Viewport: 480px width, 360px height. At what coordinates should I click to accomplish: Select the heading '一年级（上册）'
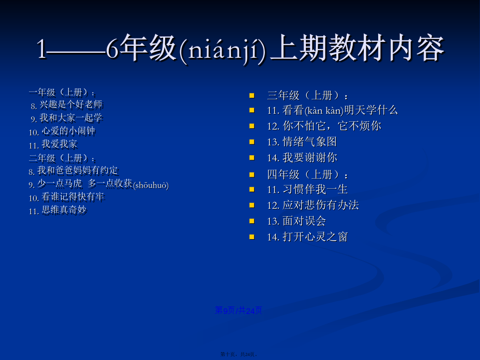[x=62, y=92]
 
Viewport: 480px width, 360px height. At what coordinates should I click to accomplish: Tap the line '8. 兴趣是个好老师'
[x=67, y=105]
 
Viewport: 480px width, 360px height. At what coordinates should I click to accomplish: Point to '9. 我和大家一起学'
[x=66, y=118]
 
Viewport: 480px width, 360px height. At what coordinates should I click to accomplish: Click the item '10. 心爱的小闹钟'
[x=62, y=131]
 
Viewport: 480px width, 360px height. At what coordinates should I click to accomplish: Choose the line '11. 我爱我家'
[x=53, y=144]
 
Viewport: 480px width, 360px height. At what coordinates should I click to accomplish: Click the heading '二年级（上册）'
[x=62, y=158]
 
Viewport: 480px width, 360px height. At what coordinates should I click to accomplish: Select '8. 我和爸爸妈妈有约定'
[x=73, y=171]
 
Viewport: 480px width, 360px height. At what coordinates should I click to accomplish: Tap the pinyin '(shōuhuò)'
[x=151, y=185]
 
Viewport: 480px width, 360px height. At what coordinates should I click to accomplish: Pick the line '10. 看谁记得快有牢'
[x=67, y=197]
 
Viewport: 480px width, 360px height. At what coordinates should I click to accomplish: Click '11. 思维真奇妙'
[x=58, y=210]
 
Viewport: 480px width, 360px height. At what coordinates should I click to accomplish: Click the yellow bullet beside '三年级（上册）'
[x=252, y=95]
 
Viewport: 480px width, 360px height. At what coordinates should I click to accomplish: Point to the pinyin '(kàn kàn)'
[x=324, y=111]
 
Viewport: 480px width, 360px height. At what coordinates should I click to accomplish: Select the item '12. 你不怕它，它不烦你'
[x=324, y=126]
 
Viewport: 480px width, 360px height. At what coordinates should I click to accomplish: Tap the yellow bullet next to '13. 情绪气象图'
[x=252, y=142]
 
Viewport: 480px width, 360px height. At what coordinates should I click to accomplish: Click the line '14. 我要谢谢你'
[x=302, y=158]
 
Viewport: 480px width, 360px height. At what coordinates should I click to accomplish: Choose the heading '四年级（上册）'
[x=308, y=175]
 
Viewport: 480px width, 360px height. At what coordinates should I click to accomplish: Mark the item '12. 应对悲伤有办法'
[x=313, y=205]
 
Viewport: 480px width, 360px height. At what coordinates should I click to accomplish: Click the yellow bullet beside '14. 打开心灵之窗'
[x=252, y=237]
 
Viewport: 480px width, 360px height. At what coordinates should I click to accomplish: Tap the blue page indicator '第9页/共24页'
[x=239, y=311]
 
